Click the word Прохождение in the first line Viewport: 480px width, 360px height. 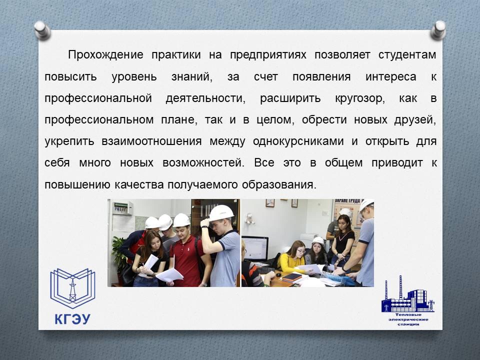tap(105, 55)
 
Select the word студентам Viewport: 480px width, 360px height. tap(407, 55)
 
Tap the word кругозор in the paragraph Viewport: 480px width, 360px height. tap(359, 98)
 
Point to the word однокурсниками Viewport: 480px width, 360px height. tap(298, 141)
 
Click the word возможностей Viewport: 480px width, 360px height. tap(203, 163)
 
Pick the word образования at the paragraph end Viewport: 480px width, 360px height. tap(278, 184)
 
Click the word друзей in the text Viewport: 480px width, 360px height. tap(415, 119)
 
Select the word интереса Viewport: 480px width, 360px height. tap(390, 76)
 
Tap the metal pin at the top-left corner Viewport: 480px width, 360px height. tap(42, 30)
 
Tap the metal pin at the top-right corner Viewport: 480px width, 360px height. tap(438, 30)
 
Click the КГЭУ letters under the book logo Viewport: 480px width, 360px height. tap(72, 319)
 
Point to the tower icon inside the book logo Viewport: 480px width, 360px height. tap(72, 289)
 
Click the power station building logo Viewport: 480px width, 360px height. tap(408, 294)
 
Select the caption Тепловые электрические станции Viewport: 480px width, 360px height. tap(408, 319)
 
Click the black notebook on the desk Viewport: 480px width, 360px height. tap(291, 277)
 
